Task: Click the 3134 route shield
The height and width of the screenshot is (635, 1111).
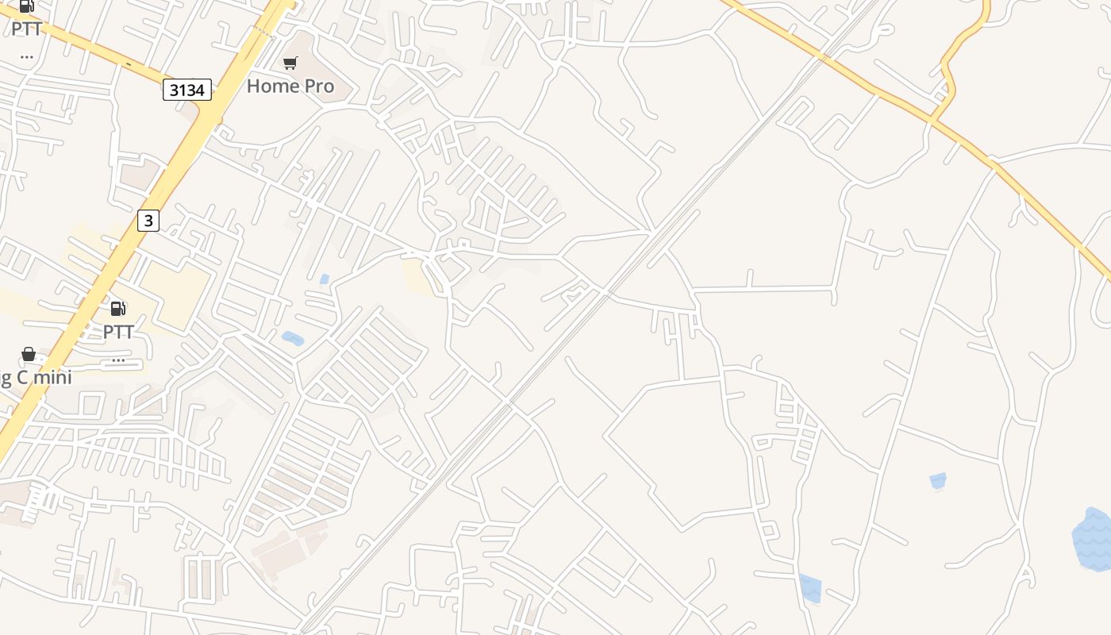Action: coord(187,90)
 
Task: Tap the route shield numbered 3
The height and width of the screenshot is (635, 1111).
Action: coord(148,220)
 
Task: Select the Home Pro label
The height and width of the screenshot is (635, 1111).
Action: coord(290,86)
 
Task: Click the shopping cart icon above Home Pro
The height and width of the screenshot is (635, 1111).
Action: coord(290,63)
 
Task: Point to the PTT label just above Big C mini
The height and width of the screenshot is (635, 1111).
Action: coord(118,332)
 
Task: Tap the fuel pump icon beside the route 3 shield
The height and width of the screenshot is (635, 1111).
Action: coord(118,309)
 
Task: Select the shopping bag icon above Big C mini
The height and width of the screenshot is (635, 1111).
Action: coord(29,354)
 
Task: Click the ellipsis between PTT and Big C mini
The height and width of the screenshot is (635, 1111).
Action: coord(118,360)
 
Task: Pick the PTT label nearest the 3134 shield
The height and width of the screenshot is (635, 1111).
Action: coord(26,29)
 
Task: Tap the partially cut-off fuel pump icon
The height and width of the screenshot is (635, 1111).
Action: coord(27,6)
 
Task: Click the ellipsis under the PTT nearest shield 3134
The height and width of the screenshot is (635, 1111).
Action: coord(26,56)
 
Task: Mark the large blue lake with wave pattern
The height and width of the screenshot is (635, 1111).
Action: coord(1093,540)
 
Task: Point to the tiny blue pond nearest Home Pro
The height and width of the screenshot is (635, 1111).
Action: coord(324,279)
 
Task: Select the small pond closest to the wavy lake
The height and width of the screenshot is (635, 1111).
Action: coord(938,480)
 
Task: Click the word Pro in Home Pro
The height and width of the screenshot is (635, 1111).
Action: coord(316,86)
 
